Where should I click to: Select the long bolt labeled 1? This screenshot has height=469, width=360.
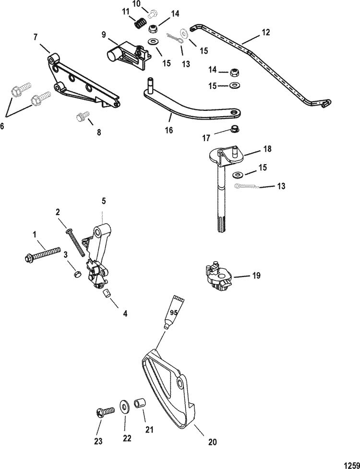pos(42,254)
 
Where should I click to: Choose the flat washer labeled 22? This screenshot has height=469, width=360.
pos(124,406)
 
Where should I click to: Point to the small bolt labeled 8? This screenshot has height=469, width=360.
pos(83,116)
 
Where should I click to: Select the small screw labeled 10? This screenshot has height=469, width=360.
pos(154,13)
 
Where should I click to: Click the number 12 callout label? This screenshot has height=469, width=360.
pos(266,32)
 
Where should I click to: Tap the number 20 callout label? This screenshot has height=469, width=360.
pos(212,442)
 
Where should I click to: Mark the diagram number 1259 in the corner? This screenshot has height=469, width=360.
pos(352,465)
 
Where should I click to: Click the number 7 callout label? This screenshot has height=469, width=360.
pos(36,37)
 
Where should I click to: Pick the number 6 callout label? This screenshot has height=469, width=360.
pos(2,126)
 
